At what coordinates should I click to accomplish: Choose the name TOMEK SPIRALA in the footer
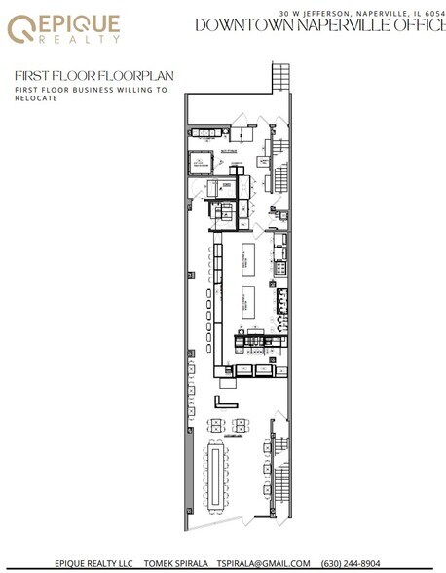pyautogui.click(x=174, y=563)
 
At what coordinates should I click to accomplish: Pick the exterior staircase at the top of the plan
pyautogui.click(x=283, y=77)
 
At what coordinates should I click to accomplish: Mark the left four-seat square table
pyautogui.click(x=217, y=425)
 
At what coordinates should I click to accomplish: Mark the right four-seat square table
pyautogui.click(x=240, y=425)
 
